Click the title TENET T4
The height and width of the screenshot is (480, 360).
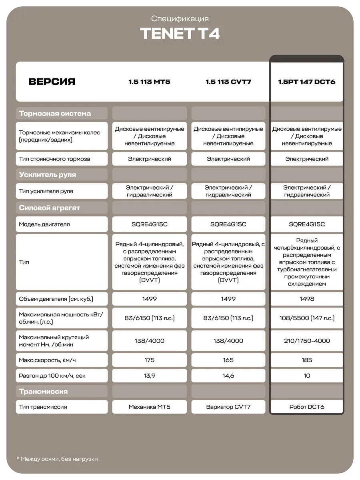(180, 34)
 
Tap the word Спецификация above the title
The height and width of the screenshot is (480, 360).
(180, 19)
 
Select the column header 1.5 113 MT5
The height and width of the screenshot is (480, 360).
(149, 82)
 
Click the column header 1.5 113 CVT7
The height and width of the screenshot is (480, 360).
(228, 82)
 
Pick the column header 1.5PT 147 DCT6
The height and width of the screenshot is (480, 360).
(307, 82)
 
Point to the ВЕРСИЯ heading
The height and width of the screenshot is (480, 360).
(52, 82)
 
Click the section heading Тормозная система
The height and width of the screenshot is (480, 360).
(55, 113)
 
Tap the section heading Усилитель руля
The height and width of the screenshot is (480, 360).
(48, 175)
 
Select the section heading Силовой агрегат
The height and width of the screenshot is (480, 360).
(50, 208)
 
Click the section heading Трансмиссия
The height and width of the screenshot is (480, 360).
(44, 391)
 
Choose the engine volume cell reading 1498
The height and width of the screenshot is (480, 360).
(307, 299)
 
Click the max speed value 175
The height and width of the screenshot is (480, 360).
(149, 360)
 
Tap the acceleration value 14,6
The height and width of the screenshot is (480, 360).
(228, 376)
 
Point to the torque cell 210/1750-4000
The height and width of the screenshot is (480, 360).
(307, 341)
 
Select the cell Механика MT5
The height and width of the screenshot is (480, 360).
(149, 407)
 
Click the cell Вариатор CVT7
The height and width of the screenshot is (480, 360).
(228, 407)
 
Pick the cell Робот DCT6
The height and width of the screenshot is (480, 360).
(307, 407)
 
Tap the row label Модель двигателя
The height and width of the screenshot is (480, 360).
(44, 224)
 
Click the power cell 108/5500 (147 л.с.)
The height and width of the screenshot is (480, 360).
(307, 318)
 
